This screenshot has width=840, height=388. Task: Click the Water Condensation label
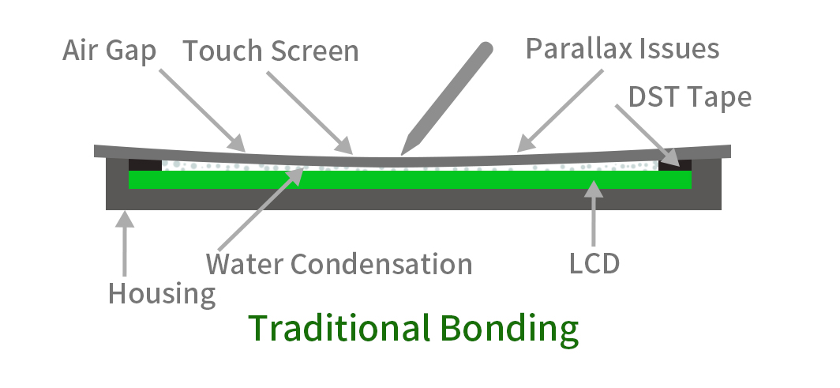coord(339,263)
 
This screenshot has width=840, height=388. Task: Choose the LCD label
coord(594,263)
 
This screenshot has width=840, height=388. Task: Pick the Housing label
coord(162,294)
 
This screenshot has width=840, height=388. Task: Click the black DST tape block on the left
coord(145,165)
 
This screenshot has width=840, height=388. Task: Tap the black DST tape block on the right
coord(675,164)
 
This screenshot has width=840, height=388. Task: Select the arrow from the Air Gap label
coord(201,109)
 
